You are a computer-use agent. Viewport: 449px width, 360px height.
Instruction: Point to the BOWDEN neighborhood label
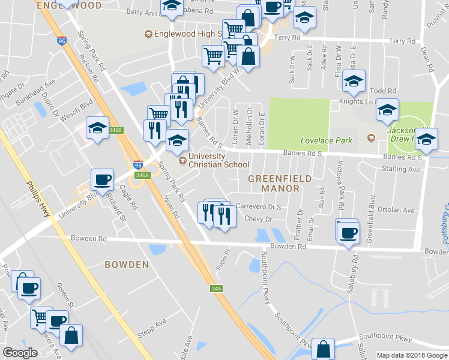point(127,264)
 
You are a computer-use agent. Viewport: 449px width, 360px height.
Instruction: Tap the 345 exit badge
point(217,289)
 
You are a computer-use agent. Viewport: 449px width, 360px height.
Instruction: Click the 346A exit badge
point(142,175)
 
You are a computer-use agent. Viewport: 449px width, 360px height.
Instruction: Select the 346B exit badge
point(116,130)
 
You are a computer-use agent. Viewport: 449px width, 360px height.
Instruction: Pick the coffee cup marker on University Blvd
point(102,179)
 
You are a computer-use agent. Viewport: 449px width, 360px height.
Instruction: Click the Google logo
point(20,353)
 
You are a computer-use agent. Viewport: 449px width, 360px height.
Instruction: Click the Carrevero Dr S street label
point(258,206)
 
